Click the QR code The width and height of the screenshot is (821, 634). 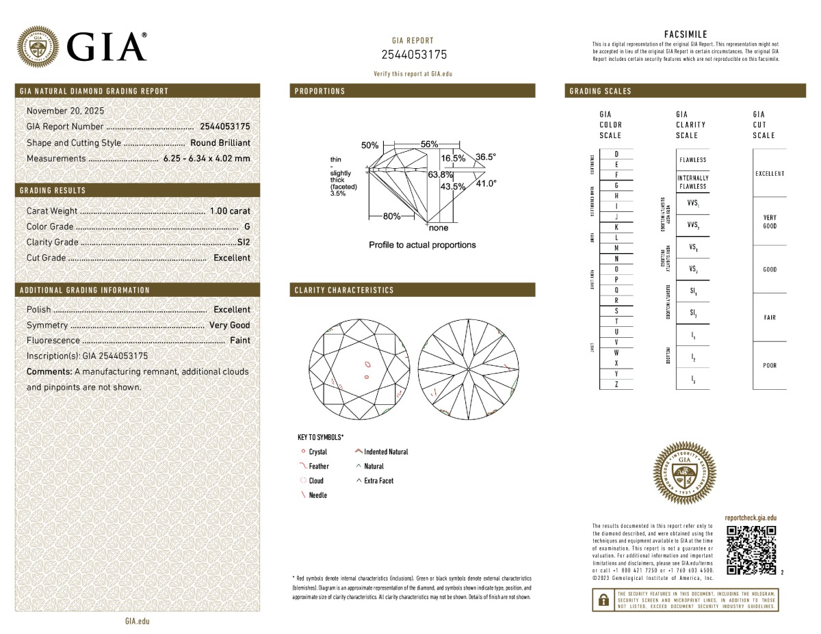tap(751, 550)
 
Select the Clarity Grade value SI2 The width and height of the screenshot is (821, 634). tap(243, 242)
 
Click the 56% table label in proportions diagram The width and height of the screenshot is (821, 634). tap(429, 144)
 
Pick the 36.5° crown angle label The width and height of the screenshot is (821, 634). tap(486, 157)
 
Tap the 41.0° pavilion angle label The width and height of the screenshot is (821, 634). tap(486, 183)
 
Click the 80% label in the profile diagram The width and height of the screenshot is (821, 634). tap(391, 216)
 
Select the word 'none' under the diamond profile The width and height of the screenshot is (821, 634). tap(439, 228)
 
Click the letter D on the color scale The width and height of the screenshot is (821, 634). tap(616, 154)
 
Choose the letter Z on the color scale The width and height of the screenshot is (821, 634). tap(616, 384)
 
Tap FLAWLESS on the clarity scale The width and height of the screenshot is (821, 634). tap(692, 160)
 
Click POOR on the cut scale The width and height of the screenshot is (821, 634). tap(770, 366)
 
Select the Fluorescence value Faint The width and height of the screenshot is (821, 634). tap(239, 341)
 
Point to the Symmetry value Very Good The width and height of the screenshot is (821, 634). tap(230, 326)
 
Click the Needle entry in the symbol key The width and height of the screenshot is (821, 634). tap(317, 495)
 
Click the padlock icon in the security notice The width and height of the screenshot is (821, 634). tap(603, 600)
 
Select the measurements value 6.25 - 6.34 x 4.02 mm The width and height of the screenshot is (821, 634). tap(207, 159)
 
